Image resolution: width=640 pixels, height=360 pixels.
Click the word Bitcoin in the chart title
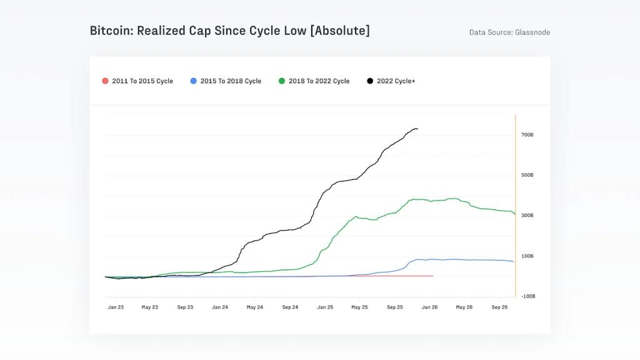coord(110,31)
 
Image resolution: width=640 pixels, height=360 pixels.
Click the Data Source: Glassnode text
coord(509,32)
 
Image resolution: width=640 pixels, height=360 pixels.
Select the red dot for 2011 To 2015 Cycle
coord(105,81)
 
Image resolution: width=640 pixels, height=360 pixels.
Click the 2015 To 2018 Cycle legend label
coord(231,81)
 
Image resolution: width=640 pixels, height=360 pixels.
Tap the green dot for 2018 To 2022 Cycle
coord(282,81)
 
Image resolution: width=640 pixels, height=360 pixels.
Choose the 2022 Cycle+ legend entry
coord(396,81)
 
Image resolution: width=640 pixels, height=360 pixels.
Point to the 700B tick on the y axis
coord(527,135)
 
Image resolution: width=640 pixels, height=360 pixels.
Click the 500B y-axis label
coord(527,175)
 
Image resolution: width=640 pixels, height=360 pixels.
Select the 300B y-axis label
coord(527,216)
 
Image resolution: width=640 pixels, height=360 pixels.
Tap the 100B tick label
coord(527,256)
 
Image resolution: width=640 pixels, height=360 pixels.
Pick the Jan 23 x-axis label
coord(116,307)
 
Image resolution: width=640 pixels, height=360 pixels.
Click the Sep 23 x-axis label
coord(185,307)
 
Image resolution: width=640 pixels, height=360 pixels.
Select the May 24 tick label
coord(254,307)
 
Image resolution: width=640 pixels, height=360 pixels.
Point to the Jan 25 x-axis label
coord(325,307)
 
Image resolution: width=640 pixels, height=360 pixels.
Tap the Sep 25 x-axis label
coord(395,307)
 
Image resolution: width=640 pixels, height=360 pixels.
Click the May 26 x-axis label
coord(464,307)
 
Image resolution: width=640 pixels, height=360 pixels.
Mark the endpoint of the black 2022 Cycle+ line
coord(417,129)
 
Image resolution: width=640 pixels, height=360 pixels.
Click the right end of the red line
coord(432,276)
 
